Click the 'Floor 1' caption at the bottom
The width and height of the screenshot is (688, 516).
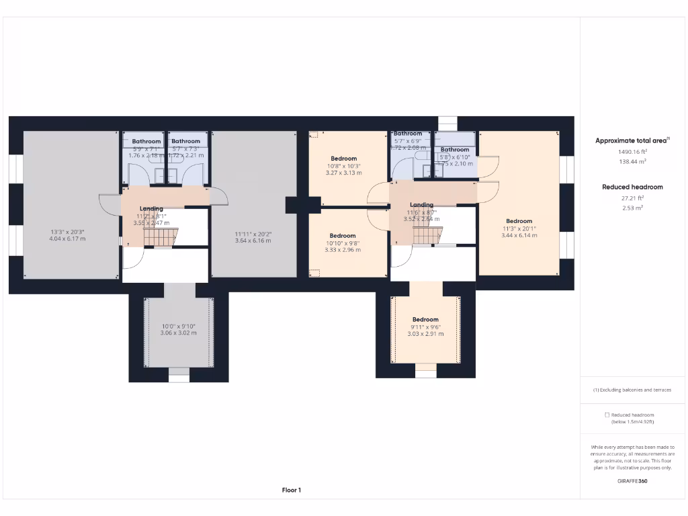(x=291, y=490)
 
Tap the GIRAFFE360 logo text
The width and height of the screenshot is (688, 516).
(x=632, y=481)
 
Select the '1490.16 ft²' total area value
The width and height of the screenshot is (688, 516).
(x=632, y=152)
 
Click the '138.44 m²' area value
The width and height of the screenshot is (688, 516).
(x=632, y=161)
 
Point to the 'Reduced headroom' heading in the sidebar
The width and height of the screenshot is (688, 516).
(x=632, y=187)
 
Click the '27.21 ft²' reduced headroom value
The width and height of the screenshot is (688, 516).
(x=632, y=198)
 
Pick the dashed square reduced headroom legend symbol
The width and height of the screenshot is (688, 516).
(x=607, y=415)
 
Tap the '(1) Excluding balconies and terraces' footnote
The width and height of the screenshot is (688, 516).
(x=632, y=390)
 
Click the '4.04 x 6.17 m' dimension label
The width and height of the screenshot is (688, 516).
(x=67, y=239)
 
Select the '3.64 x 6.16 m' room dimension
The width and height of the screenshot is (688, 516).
(x=253, y=240)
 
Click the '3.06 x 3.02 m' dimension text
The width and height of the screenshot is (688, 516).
(x=178, y=333)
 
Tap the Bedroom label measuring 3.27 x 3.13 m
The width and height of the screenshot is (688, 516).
(x=344, y=159)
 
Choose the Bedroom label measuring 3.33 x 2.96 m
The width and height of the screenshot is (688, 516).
(x=343, y=236)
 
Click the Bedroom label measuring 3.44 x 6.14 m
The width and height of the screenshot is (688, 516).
(x=519, y=221)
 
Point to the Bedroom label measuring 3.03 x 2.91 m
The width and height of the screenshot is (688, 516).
(x=425, y=319)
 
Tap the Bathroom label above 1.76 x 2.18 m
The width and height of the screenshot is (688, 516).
(x=146, y=141)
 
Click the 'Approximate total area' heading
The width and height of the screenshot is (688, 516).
(x=630, y=140)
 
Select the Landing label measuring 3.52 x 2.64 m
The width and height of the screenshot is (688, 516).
(x=421, y=205)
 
